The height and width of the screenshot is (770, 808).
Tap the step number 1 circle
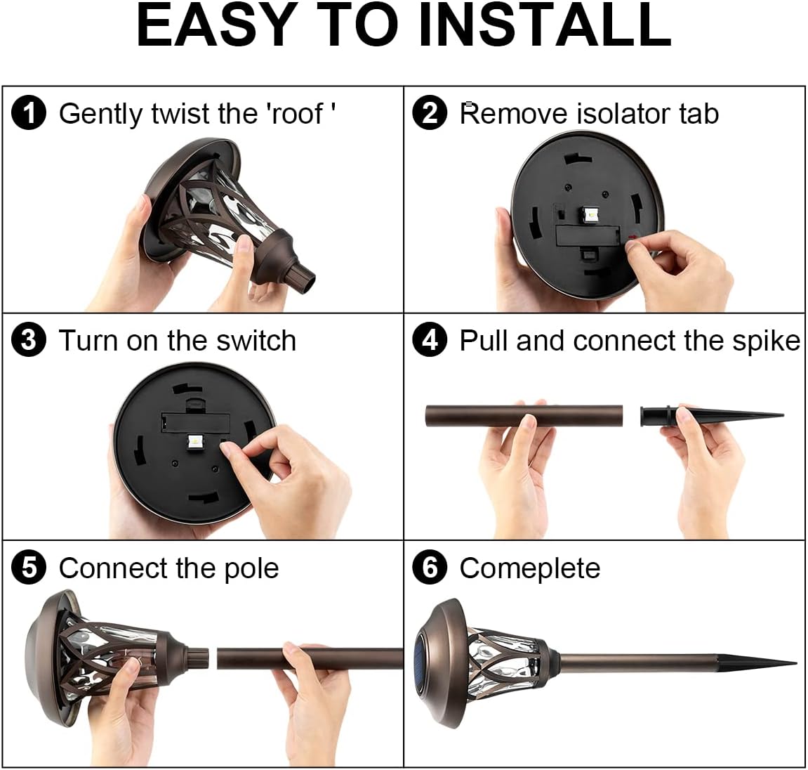(29, 114)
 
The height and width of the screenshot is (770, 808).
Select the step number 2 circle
(430, 114)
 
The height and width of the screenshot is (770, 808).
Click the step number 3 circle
(29, 341)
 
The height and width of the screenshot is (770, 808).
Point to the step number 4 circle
(430, 341)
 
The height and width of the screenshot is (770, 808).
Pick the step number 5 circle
(29, 568)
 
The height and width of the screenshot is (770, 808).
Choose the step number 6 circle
(430, 568)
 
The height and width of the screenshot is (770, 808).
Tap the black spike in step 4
(712, 415)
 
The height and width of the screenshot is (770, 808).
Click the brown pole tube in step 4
(524, 416)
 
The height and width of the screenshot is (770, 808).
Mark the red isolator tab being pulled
(633, 237)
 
